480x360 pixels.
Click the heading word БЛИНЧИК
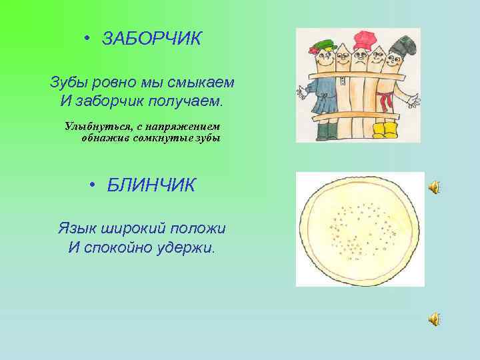151,185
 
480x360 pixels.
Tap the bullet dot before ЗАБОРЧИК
88,39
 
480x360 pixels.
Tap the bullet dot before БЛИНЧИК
93,185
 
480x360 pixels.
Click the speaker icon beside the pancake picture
433,187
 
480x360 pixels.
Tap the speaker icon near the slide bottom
433,320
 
